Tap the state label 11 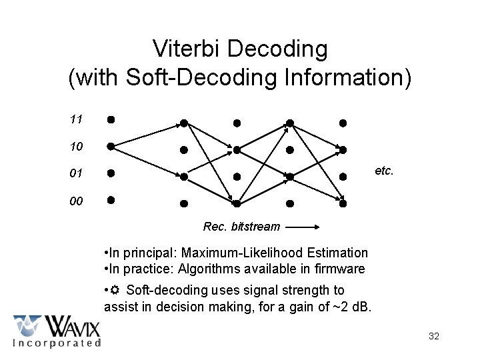(x=76, y=120)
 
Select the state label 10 (x=76, y=146)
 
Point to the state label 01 (x=76, y=173)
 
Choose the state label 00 (x=76, y=200)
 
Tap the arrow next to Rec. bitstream (x=304, y=227)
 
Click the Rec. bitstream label (x=241, y=227)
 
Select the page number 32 (x=434, y=336)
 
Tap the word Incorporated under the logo (x=57, y=343)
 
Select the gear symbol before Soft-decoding (x=115, y=291)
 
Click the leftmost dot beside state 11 (x=111, y=120)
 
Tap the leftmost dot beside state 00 (x=111, y=199)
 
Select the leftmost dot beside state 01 (x=111, y=173)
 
